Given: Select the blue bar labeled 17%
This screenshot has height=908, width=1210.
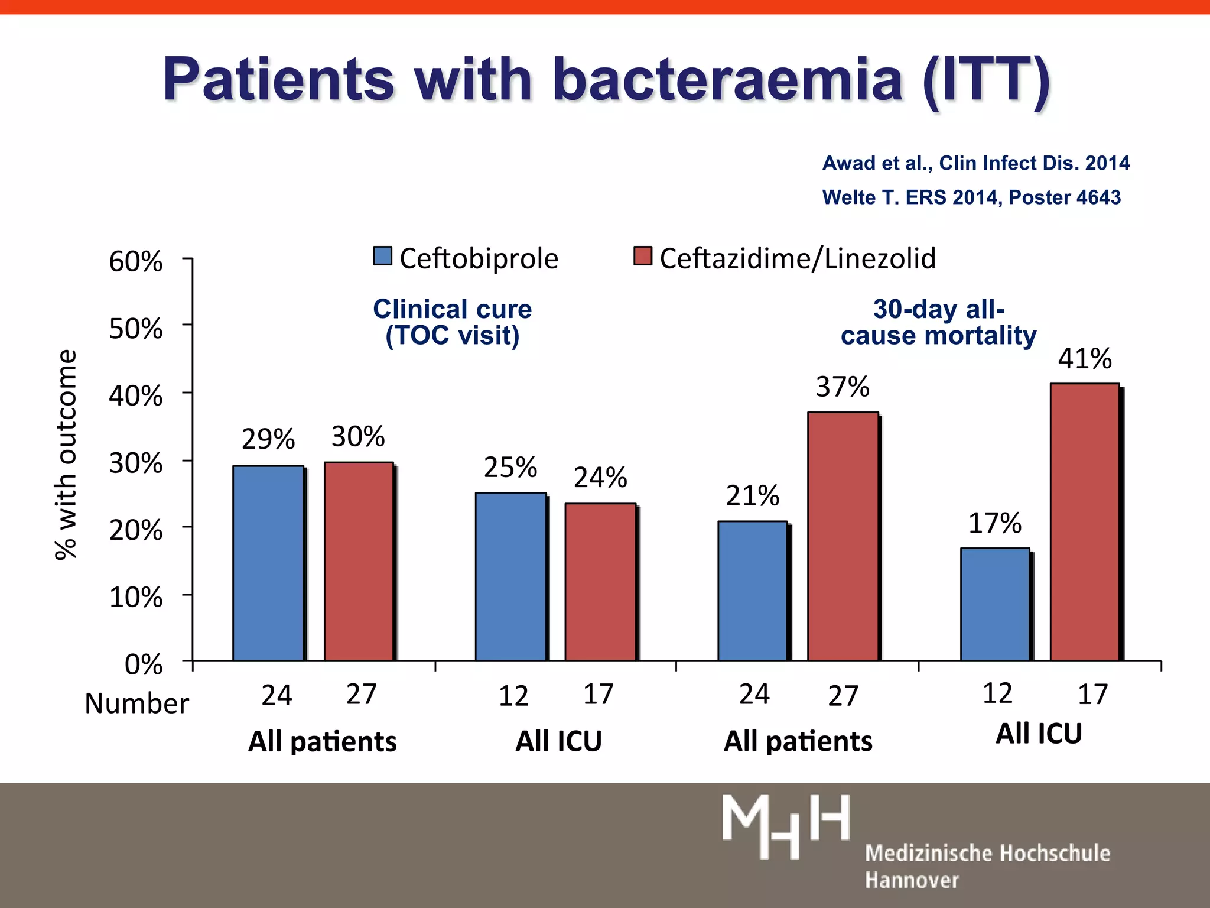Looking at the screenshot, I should [x=995, y=604].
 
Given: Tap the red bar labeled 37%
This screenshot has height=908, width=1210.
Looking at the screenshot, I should [x=843, y=536].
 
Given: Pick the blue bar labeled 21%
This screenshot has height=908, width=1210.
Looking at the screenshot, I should [x=752, y=591].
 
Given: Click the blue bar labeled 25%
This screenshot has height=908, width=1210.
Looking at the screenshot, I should [x=510, y=576].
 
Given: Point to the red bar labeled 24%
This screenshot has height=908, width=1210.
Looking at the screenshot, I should [x=600, y=582].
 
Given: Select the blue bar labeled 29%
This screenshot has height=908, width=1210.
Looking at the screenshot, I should [x=268, y=563].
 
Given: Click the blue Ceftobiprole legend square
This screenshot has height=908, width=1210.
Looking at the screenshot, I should [x=383, y=256].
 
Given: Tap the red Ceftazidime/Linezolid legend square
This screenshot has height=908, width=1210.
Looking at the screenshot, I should [x=642, y=256].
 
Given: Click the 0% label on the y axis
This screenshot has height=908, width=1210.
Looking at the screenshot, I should [x=144, y=665].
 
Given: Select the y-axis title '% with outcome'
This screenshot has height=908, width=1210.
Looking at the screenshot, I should [x=66, y=454].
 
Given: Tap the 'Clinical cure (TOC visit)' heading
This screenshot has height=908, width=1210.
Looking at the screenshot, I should [x=452, y=322].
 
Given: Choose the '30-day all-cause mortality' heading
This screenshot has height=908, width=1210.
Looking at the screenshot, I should [x=938, y=322].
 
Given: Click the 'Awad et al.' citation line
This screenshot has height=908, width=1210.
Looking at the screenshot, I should [x=975, y=163].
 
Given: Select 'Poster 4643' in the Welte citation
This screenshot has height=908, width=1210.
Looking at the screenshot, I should [x=1064, y=197].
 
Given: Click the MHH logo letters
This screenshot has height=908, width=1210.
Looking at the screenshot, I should [x=786, y=826].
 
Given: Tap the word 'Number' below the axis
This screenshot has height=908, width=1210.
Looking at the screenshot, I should [x=136, y=703].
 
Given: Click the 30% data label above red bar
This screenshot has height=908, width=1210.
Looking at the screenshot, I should [x=358, y=437].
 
